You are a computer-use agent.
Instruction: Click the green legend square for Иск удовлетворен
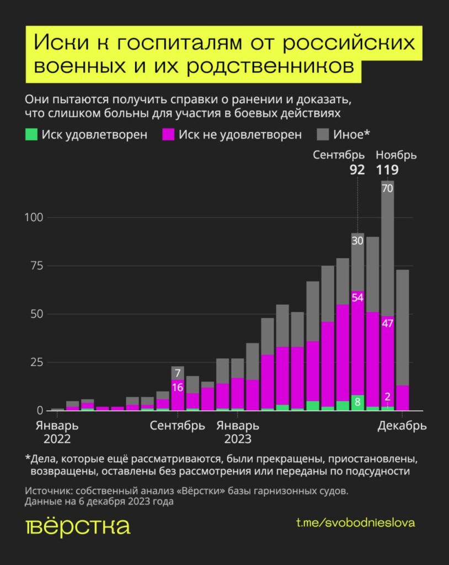pos(31,134)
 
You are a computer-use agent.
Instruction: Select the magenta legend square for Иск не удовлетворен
pos(168,134)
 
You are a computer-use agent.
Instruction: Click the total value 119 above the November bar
pos(387,170)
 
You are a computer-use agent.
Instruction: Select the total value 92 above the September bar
pos(357,170)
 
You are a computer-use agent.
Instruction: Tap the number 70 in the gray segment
pos(387,188)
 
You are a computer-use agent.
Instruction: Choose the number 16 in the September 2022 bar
pos(177,387)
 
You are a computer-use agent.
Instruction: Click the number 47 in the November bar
pos(387,323)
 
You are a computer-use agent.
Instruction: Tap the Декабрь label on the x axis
pos(402,426)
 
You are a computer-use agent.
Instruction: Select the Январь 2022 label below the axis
pos(57,432)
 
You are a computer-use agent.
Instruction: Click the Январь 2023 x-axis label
pos(237,432)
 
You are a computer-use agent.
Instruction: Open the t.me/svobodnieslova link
pos(355,522)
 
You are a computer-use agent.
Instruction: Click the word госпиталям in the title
pos(177,43)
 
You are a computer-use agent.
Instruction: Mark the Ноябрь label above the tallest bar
pos(396,155)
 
